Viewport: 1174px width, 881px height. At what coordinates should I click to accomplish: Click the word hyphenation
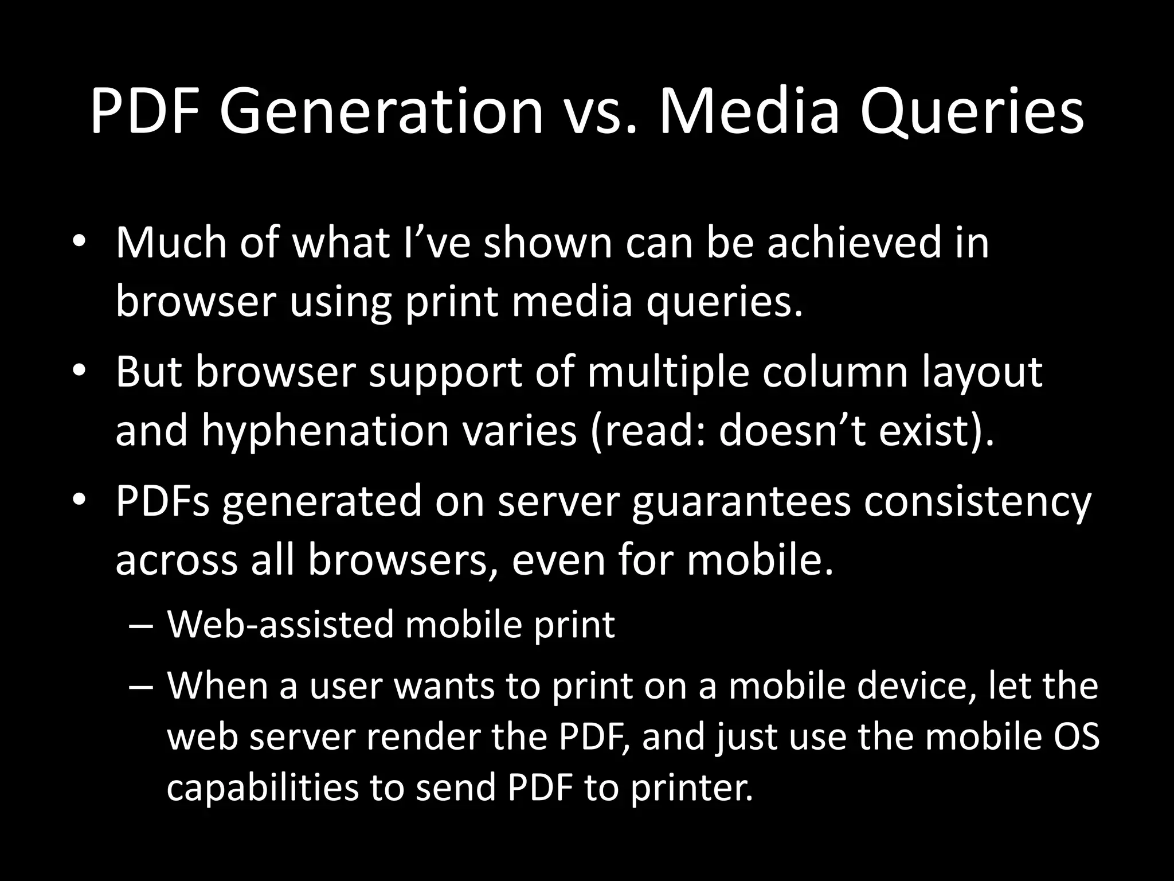coord(325,431)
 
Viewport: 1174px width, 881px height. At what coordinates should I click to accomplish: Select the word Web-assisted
coord(280,624)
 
